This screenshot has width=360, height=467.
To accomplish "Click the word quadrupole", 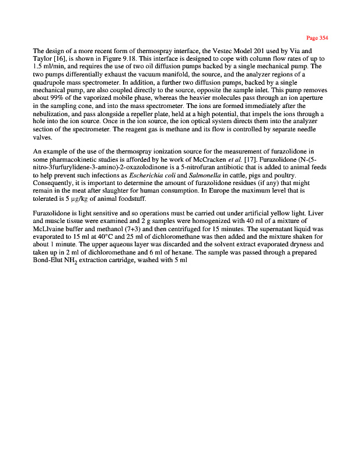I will (x=51, y=82).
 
